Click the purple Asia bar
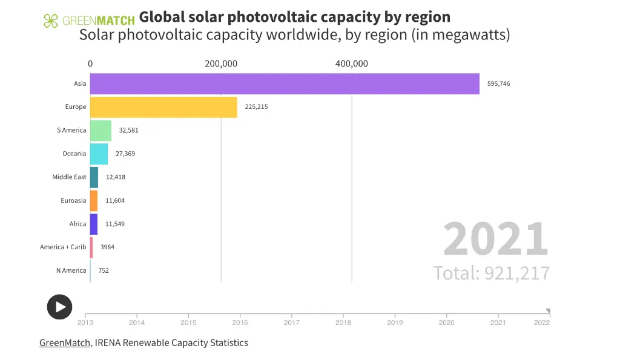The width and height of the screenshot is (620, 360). point(285,83)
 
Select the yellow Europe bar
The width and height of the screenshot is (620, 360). point(163,107)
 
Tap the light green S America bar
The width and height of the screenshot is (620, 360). point(101,130)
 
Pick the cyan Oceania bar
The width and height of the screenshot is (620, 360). point(99,154)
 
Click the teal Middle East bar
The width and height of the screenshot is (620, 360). point(94,177)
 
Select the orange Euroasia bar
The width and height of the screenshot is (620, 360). point(94,200)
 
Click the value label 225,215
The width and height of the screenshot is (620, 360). point(256,107)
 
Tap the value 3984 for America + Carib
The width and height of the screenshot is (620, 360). point(107,247)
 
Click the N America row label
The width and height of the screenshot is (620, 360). point(71,270)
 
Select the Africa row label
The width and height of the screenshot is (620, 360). point(77,224)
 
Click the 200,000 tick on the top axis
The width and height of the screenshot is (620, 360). point(221,64)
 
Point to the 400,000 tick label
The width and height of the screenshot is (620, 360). point(352,64)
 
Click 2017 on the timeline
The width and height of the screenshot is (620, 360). point(292,323)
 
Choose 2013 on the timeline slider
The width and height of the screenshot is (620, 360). point(85,323)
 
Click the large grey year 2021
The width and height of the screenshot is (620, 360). point(495,240)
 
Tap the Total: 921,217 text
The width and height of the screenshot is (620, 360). point(491,273)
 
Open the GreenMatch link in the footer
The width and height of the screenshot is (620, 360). point(65,343)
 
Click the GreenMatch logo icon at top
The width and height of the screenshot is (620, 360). point(51,21)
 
